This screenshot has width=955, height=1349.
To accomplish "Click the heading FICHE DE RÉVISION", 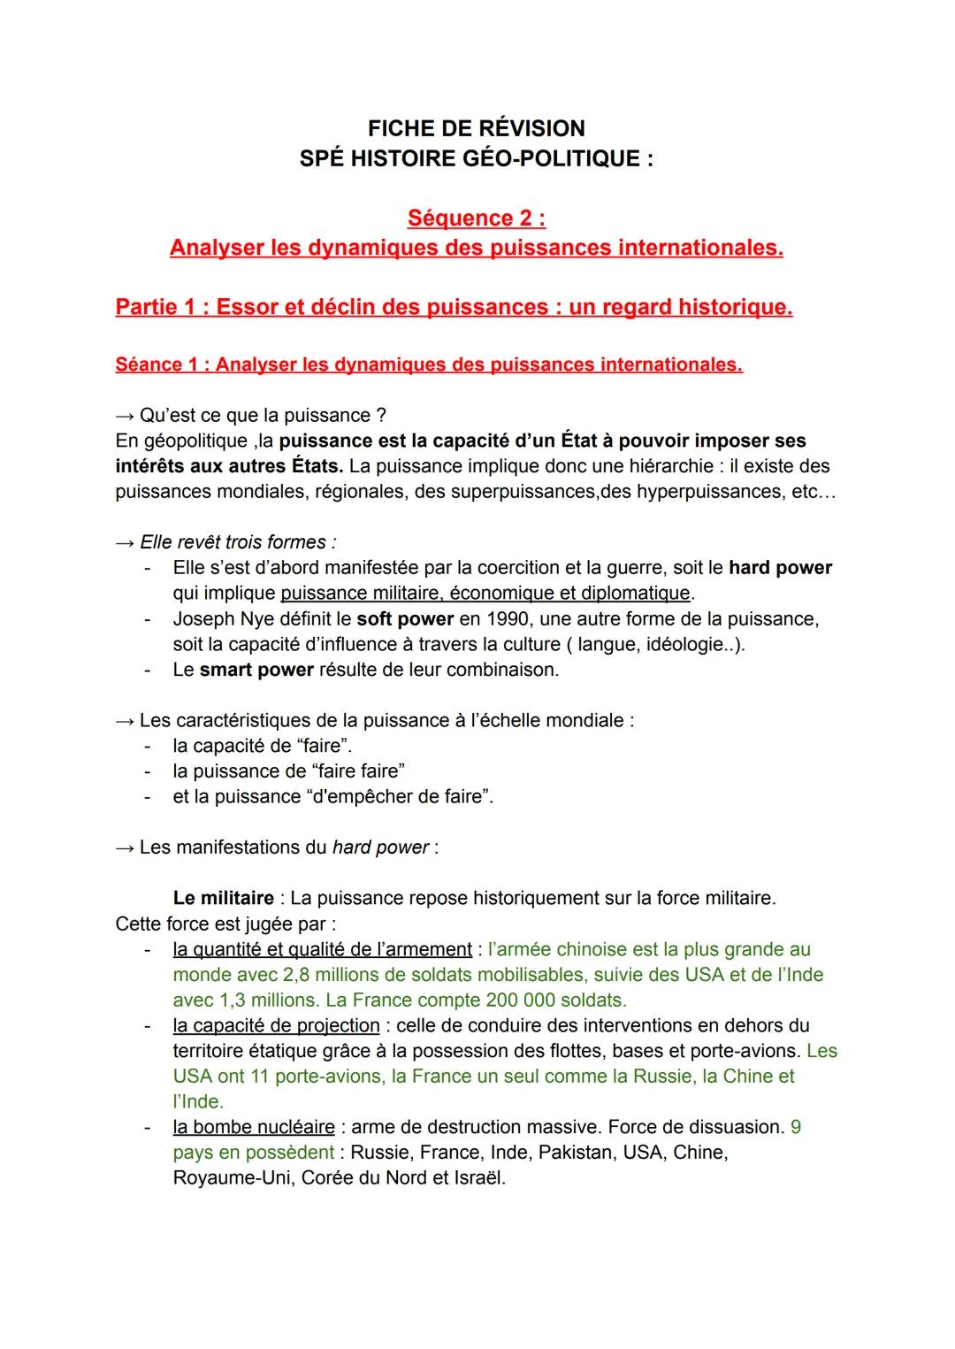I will coord(476,128).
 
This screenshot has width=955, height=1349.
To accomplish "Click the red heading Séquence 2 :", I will coord(476,218).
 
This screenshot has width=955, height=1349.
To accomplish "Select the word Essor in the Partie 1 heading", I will coord(244,307).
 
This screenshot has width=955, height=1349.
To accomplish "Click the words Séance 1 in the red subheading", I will coord(155,364).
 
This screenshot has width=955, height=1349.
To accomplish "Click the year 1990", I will coord(508,618).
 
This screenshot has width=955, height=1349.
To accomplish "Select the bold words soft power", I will coord(405,618).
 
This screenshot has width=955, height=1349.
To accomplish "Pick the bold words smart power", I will coord(256,670).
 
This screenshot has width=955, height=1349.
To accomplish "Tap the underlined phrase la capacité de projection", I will coord(276,1025).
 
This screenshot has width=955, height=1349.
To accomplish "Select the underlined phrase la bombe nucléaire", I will coord(254,1127).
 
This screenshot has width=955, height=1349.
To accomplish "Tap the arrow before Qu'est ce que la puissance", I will coord(125,415).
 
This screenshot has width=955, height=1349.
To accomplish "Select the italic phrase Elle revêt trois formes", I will coord(236,542).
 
